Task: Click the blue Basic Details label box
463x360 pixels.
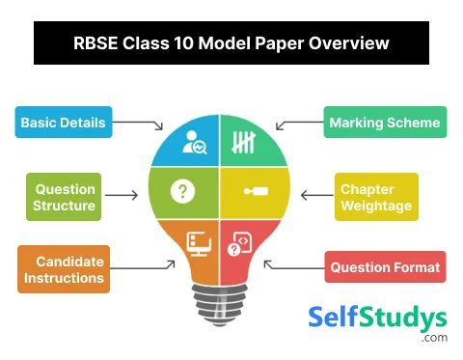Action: tap(63, 123)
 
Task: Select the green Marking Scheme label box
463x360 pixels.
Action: tap(384, 123)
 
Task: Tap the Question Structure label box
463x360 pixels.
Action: tap(65, 196)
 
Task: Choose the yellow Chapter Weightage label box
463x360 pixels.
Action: tap(376, 196)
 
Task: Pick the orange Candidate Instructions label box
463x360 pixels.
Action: tap(64, 269)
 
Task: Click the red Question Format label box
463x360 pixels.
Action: tap(385, 267)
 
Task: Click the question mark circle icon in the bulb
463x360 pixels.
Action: tap(181, 191)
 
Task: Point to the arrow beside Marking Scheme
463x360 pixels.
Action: tap(294, 125)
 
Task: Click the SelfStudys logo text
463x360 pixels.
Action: tap(377, 318)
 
